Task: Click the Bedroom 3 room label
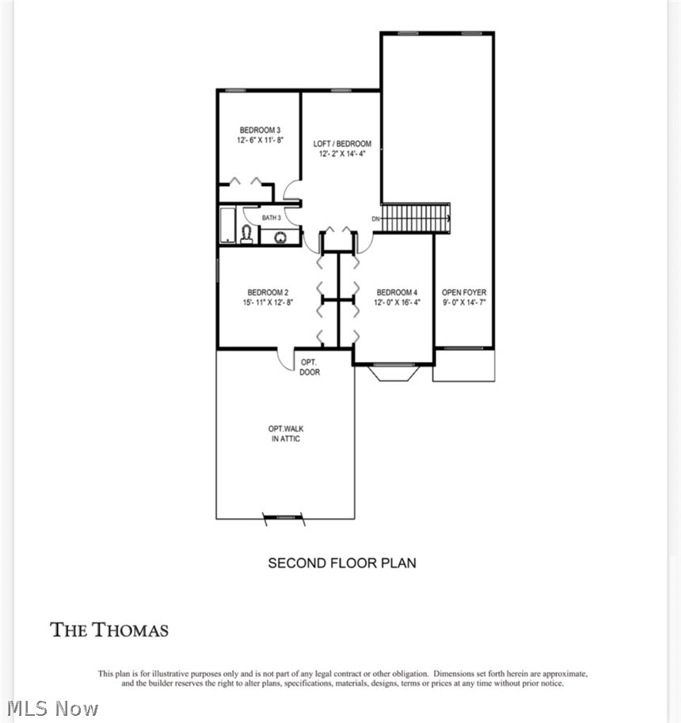tap(260, 130)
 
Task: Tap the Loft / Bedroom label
tap(342, 143)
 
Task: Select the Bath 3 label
tap(271, 218)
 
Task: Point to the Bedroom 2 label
tap(268, 292)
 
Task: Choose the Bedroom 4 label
tap(397, 292)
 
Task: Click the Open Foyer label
tap(464, 292)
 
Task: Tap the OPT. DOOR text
tap(310, 367)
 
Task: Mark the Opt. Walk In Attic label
tap(286, 433)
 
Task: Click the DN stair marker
tap(376, 219)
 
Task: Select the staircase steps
tap(416, 218)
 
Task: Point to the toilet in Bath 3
tap(247, 234)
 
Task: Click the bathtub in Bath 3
tap(228, 225)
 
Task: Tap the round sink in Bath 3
tap(280, 238)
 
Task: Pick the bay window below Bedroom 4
tap(394, 371)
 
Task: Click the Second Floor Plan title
tap(342, 563)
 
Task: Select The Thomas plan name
tap(109, 630)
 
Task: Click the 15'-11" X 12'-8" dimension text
tap(268, 303)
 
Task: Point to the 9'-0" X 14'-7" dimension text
tap(464, 303)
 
